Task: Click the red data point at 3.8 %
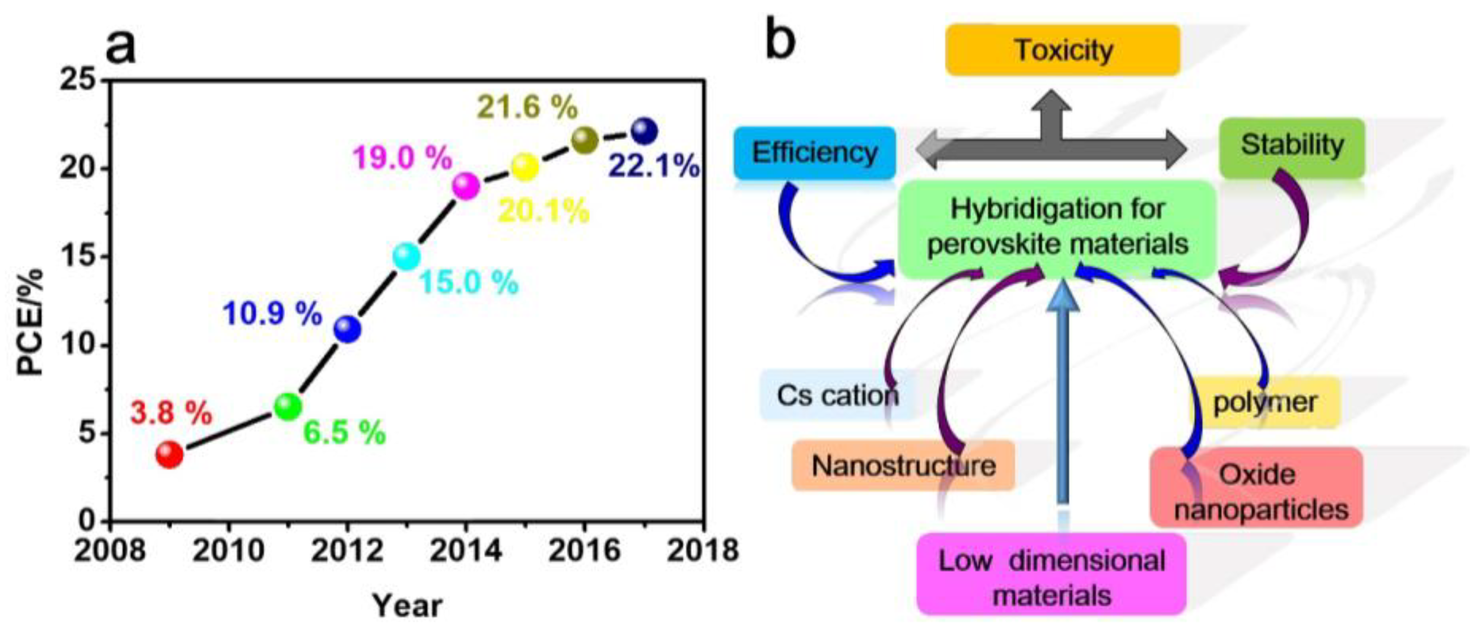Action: tap(169, 454)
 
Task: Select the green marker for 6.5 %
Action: tap(288, 406)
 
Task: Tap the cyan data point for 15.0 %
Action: tap(407, 256)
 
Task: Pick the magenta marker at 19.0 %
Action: tap(466, 185)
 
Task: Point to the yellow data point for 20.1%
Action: tap(525, 167)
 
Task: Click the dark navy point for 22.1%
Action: tap(644, 132)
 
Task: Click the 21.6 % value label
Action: tap(527, 107)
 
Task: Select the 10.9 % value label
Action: tap(272, 314)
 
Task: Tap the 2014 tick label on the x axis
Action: tap(466, 551)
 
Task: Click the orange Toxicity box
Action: tap(1063, 50)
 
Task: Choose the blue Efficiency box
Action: tap(815, 153)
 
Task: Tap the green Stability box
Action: tap(1292, 146)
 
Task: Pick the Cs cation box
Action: tap(836, 396)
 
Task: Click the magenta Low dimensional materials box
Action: tap(1052, 576)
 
